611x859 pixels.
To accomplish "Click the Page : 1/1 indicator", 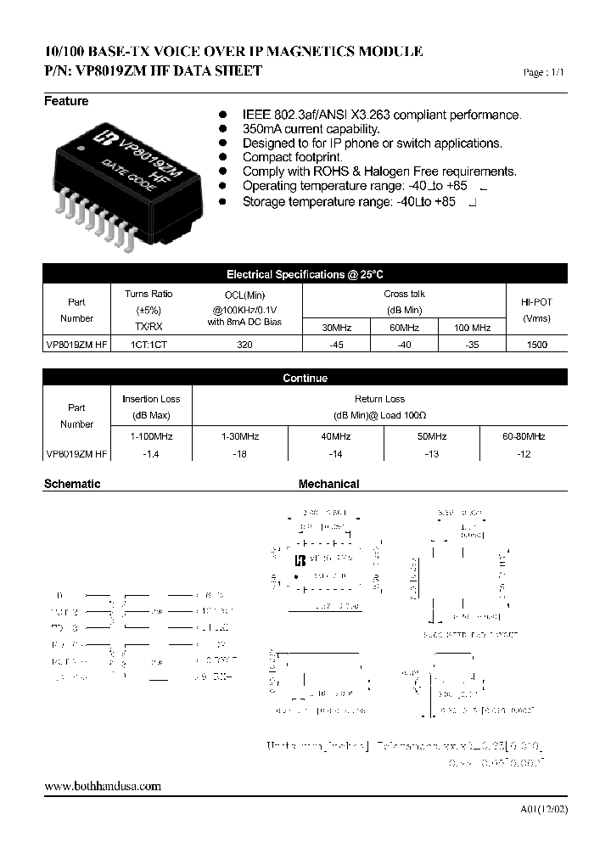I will (x=544, y=74).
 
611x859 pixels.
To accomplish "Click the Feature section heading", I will (x=66, y=101).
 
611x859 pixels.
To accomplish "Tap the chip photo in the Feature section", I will (x=126, y=179).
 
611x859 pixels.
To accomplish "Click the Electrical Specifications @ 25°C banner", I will (x=305, y=274).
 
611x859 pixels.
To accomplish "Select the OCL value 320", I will (x=246, y=345).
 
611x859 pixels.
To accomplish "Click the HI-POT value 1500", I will (x=536, y=345).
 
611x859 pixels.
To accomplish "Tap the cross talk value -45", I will (x=337, y=345).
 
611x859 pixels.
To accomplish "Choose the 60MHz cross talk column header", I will (x=405, y=328).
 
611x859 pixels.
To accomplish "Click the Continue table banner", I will (x=305, y=379).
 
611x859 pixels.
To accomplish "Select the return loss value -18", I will (x=239, y=454).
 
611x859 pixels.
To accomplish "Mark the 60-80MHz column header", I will (x=524, y=435).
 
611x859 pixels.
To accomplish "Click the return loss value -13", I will (x=431, y=454).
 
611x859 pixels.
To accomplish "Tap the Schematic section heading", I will (x=72, y=484).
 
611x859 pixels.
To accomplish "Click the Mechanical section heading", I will (x=328, y=484).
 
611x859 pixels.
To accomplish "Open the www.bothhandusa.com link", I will (x=102, y=786).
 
